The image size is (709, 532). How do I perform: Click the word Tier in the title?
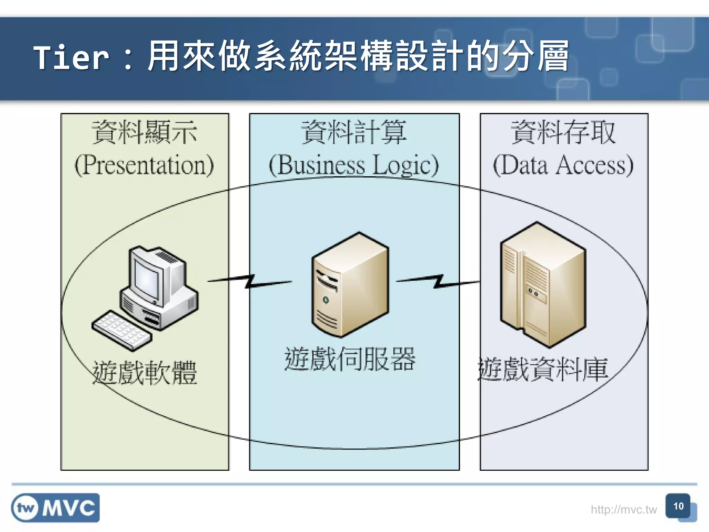click(x=71, y=57)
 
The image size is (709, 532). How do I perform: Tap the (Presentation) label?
click(x=144, y=165)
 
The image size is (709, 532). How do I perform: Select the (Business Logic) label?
click(x=354, y=165)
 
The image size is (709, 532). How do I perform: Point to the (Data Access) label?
click(x=563, y=165)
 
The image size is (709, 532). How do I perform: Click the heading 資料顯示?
click(x=144, y=132)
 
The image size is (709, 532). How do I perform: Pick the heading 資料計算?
click(x=354, y=132)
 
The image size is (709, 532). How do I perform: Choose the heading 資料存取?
click(x=563, y=132)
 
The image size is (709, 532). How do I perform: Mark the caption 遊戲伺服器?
click(x=350, y=359)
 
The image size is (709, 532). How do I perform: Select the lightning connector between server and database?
click(x=438, y=281)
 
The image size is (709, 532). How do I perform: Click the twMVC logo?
click(x=55, y=508)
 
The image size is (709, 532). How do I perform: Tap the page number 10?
click(x=678, y=506)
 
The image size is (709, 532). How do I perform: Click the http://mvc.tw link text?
click(x=623, y=509)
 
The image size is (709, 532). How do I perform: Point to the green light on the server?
click(x=325, y=300)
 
